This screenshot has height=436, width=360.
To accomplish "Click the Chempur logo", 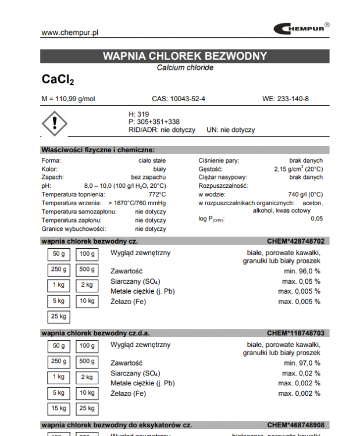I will click(x=301, y=28).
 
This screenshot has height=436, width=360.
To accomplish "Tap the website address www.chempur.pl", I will click(x=70, y=33).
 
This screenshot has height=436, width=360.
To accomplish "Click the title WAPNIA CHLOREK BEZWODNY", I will click(x=185, y=56).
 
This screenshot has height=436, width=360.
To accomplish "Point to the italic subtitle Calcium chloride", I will click(x=185, y=68).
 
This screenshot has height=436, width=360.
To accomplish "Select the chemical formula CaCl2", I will click(x=58, y=80).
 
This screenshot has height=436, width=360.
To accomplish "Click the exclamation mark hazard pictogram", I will click(x=55, y=123).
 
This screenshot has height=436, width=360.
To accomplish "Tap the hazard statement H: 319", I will click(x=139, y=114).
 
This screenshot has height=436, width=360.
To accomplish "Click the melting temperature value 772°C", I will click(x=157, y=194).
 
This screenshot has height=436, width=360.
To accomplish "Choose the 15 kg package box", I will click(x=59, y=409).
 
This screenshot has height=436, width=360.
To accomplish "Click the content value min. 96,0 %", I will click(x=302, y=271).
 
